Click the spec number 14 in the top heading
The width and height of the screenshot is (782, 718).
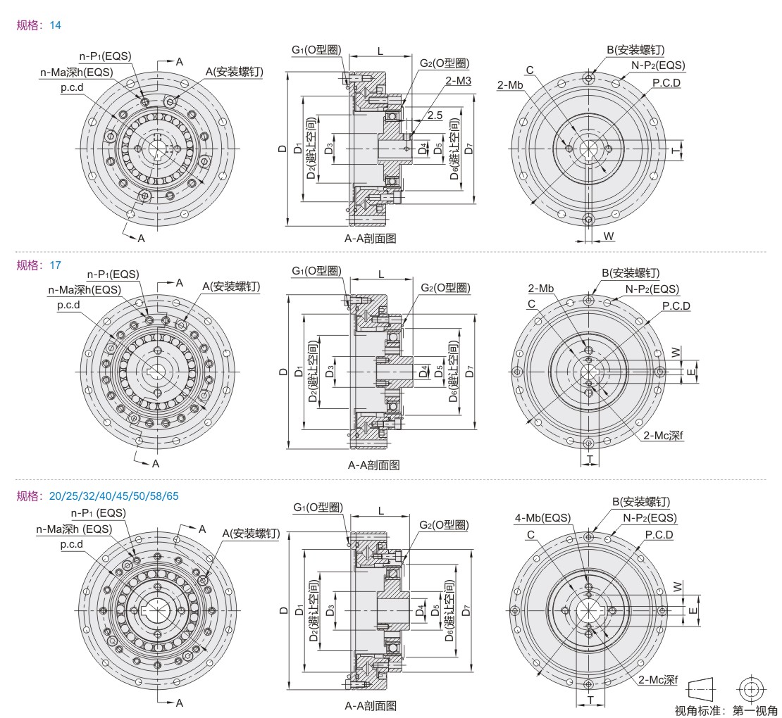(x=56, y=25)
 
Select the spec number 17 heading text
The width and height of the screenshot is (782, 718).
(x=56, y=265)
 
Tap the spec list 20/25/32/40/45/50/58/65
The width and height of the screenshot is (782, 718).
(x=113, y=496)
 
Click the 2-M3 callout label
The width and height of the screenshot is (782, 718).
(x=459, y=80)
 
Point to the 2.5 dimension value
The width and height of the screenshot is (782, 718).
(x=435, y=115)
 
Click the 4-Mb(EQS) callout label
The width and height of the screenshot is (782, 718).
(x=542, y=517)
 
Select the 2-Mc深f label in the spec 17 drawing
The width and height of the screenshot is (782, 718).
(x=663, y=436)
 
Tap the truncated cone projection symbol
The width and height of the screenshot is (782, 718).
(x=701, y=690)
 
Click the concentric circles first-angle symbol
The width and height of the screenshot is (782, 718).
(x=750, y=690)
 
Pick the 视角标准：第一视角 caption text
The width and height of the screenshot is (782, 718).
(x=726, y=710)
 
